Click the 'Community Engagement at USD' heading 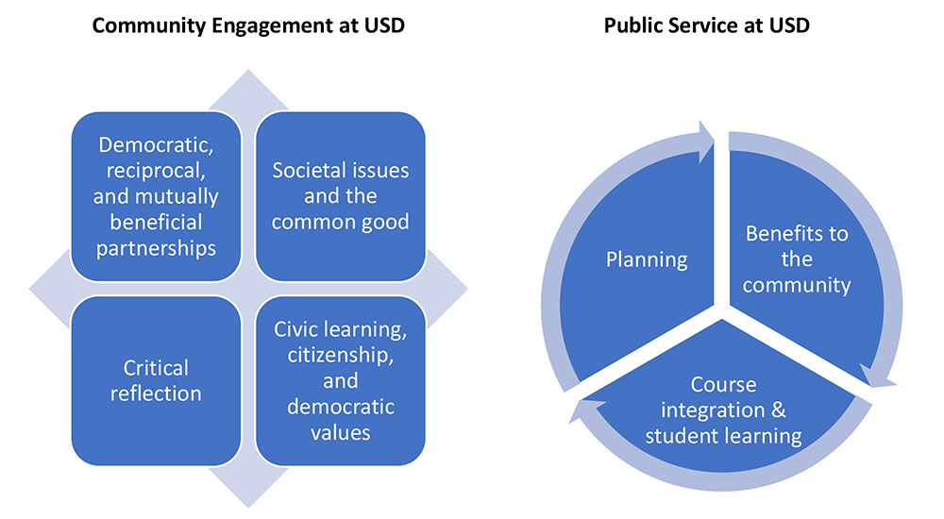pos(247,25)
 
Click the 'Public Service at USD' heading pos(706,25)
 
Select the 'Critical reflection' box pos(156,379)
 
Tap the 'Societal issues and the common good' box pos(341,196)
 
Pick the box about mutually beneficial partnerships pos(156,196)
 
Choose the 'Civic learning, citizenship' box pos(341,379)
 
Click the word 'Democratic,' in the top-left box pos(156,145)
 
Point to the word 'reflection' pos(156,393)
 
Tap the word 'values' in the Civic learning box pos(340,432)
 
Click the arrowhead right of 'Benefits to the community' pos(882,377)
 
